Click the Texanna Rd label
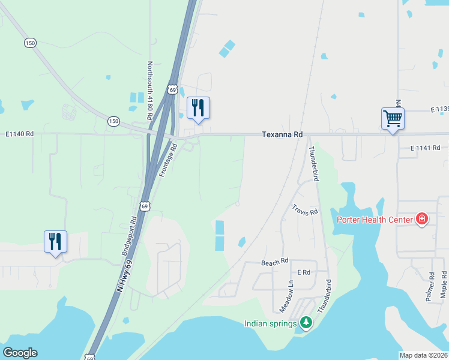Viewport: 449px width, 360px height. point(282,135)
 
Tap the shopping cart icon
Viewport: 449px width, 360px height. point(393,118)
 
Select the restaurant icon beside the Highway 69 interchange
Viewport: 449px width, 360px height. point(198,107)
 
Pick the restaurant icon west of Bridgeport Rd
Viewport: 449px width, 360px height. point(55,241)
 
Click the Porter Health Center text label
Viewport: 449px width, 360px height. point(374,220)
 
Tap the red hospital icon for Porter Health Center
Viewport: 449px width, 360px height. point(422,219)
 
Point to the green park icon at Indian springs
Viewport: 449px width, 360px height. point(306,323)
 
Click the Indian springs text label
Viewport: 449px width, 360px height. point(271,324)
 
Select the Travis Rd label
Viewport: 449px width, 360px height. point(305,212)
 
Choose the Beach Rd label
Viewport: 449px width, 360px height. point(275,262)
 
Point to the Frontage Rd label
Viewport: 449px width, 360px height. point(167,160)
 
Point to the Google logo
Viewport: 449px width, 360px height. point(20,353)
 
